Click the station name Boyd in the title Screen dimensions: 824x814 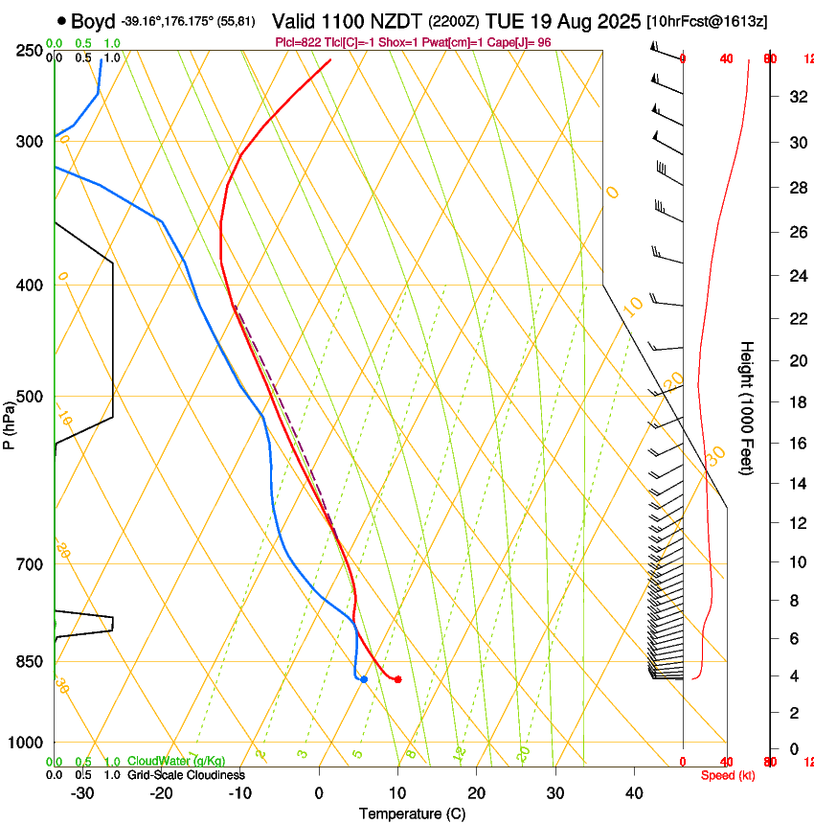(x=93, y=21)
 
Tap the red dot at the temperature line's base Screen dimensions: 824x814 (x=397, y=679)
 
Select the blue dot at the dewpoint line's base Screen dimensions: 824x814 (x=364, y=679)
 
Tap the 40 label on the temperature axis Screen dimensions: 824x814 (x=634, y=793)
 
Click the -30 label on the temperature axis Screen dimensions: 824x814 (x=82, y=793)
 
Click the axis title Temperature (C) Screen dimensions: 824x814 (x=412, y=813)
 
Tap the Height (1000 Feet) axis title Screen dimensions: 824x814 (x=747, y=407)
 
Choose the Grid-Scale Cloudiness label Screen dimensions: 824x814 (x=186, y=775)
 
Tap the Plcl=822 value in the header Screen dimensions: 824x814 (x=295, y=43)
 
